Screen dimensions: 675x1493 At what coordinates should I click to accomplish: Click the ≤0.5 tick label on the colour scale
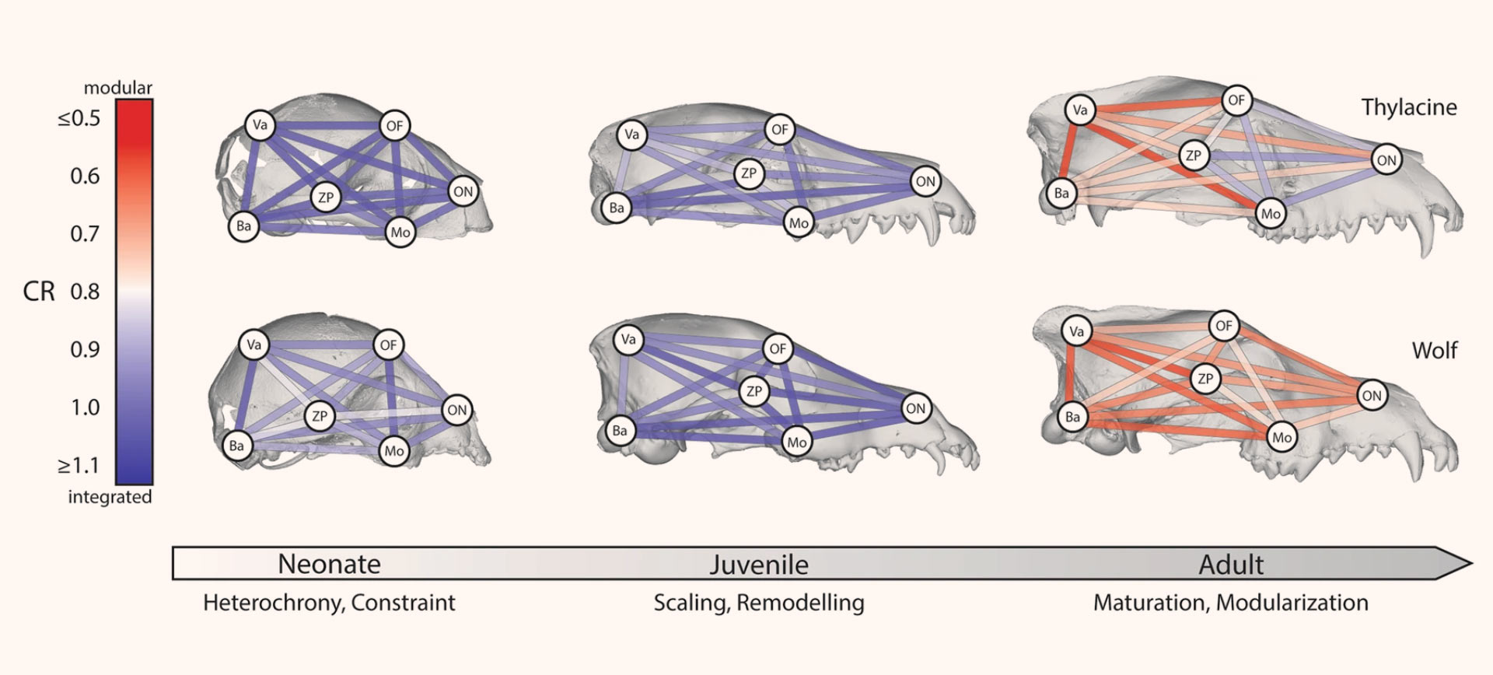pyautogui.click(x=79, y=119)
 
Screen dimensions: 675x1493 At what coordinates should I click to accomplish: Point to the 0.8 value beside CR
pyautogui.click(x=85, y=292)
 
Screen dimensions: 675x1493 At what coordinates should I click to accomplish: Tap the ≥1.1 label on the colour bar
pyautogui.click(x=79, y=466)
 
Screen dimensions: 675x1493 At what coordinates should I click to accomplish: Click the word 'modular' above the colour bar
pyautogui.click(x=118, y=87)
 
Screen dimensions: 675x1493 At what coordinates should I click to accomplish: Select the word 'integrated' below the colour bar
pyautogui.click(x=110, y=498)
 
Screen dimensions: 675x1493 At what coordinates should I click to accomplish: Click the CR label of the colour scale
pyautogui.click(x=39, y=292)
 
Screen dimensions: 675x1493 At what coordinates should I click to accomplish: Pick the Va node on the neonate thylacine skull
pyautogui.click(x=260, y=125)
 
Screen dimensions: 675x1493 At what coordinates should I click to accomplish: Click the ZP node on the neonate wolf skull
pyautogui.click(x=319, y=416)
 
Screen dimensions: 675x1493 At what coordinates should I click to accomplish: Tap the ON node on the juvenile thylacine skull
pyautogui.click(x=925, y=182)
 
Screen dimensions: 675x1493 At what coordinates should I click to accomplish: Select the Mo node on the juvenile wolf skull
pyautogui.click(x=797, y=442)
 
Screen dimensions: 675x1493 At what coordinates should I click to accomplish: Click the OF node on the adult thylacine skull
pyautogui.click(x=1236, y=100)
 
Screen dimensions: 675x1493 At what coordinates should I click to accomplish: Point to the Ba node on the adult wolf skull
pyautogui.click(x=1072, y=417)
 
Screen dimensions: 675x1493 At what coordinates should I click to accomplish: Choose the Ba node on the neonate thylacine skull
pyautogui.click(x=243, y=226)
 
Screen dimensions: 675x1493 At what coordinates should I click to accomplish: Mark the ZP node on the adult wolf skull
pyautogui.click(x=1205, y=379)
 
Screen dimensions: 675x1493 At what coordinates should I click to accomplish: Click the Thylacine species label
pyautogui.click(x=1409, y=107)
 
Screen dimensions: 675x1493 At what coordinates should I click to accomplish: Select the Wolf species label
pyautogui.click(x=1435, y=351)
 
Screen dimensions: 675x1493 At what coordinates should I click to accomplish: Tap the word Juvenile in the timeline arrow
pyautogui.click(x=758, y=565)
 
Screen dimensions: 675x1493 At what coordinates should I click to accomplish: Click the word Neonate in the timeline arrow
pyautogui.click(x=329, y=564)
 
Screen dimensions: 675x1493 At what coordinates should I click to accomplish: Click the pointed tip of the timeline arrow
pyautogui.click(x=1470, y=563)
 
